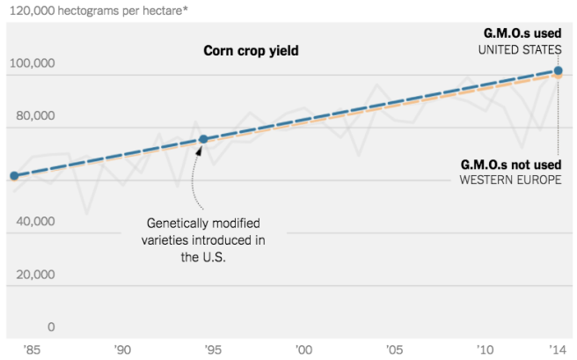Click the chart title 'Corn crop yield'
click(251, 51)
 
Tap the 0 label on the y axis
click(51, 327)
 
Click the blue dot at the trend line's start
click(13, 176)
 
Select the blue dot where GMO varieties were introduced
click(203, 139)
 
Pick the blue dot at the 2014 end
click(559, 70)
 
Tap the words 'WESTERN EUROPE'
click(510, 180)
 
